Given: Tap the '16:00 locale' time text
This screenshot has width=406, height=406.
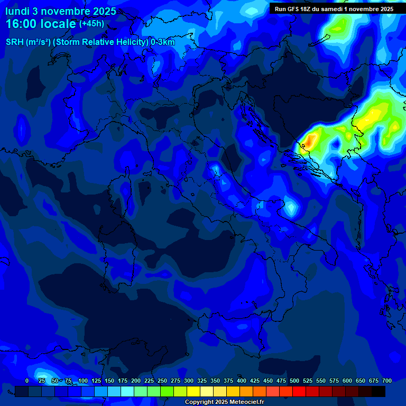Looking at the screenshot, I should pyautogui.click(x=41, y=24).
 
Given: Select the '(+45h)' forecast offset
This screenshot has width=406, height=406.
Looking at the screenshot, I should pyautogui.click(x=91, y=24).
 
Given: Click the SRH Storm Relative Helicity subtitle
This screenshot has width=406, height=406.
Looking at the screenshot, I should pyautogui.click(x=90, y=42).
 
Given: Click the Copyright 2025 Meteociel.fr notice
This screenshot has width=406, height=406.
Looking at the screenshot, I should pyautogui.click(x=224, y=402).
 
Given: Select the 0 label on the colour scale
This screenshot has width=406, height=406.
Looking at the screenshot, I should pyautogui.click(x=27, y=381).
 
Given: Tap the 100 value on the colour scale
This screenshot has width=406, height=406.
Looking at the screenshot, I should pyautogui.click(x=83, y=381).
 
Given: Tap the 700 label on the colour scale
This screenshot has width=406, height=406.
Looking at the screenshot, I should pyautogui.click(x=387, y=381).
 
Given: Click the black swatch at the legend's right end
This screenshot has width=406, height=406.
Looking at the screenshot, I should pyautogui.click(x=379, y=391).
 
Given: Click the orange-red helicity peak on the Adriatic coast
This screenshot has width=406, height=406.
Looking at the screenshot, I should pyautogui.click(x=310, y=140).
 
